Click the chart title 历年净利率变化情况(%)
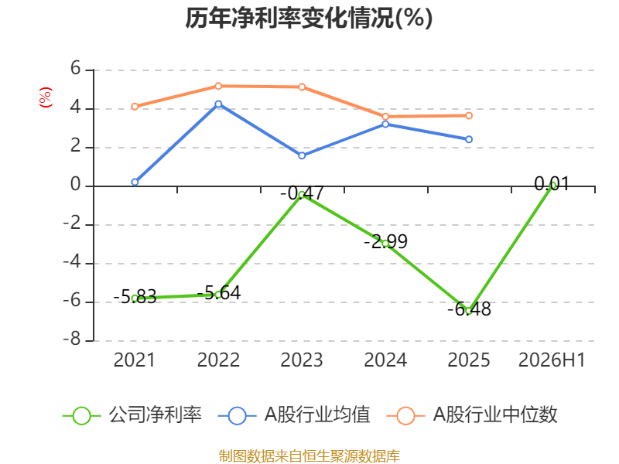tap(309, 18)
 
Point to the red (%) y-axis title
tap(46, 97)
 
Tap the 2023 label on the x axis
tap(302, 360)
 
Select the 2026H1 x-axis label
tap(552, 360)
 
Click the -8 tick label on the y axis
tap(72, 339)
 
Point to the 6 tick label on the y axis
tap(75, 69)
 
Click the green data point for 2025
tap(469, 311)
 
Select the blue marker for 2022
tap(218, 104)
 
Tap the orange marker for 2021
tap(135, 107)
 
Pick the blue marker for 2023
tap(302, 156)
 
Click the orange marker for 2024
tap(385, 117)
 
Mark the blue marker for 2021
tap(135, 183)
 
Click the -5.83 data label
tap(135, 297)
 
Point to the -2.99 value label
tap(385, 241)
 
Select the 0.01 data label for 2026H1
tap(552, 184)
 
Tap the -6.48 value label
tap(469, 309)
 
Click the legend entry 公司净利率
tap(132, 415)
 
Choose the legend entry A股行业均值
tap(294, 415)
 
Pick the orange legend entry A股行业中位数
tap(472, 415)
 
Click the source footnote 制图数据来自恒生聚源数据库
tap(309, 455)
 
